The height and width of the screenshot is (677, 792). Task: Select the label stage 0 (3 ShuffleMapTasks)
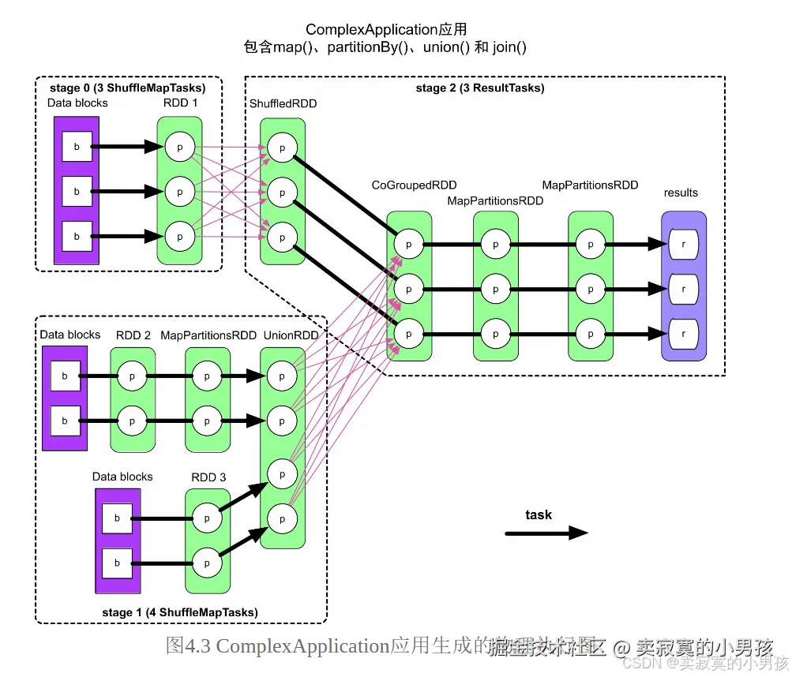[x=128, y=88]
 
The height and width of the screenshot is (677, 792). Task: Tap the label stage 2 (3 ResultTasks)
[x=479, y=88]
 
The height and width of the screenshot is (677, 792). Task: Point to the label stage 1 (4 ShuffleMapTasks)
[x=180, y=612]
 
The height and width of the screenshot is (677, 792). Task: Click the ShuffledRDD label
[x=282, y=104]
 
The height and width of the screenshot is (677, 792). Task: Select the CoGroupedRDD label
[x=415, y=185]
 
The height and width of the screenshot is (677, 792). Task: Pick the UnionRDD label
[x=291, y=335]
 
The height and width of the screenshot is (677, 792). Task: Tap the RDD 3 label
[x=208, y=477]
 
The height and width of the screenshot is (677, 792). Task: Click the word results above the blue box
[x=681, y=193]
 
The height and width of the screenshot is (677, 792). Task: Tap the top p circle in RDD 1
[x=179, y=147]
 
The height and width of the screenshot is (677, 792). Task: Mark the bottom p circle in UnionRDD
[x=282, y=518]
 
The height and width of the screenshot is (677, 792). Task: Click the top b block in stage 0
[x=77, y=147]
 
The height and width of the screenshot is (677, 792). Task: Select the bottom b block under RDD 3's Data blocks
[x=118, y=563]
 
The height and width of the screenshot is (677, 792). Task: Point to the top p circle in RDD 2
[x=132, y=377]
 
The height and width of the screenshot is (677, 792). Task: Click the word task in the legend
[x=539, y=514]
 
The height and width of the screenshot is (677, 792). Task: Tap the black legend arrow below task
[x=546, y=533]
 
